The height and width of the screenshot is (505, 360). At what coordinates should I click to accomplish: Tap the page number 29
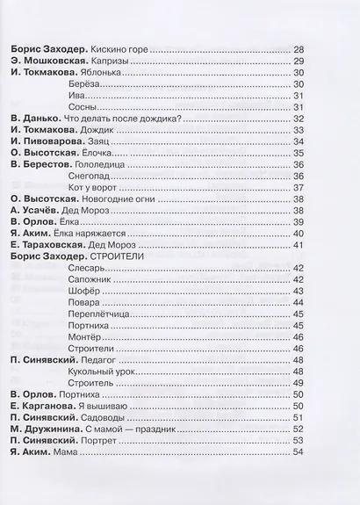tap(298, 61)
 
